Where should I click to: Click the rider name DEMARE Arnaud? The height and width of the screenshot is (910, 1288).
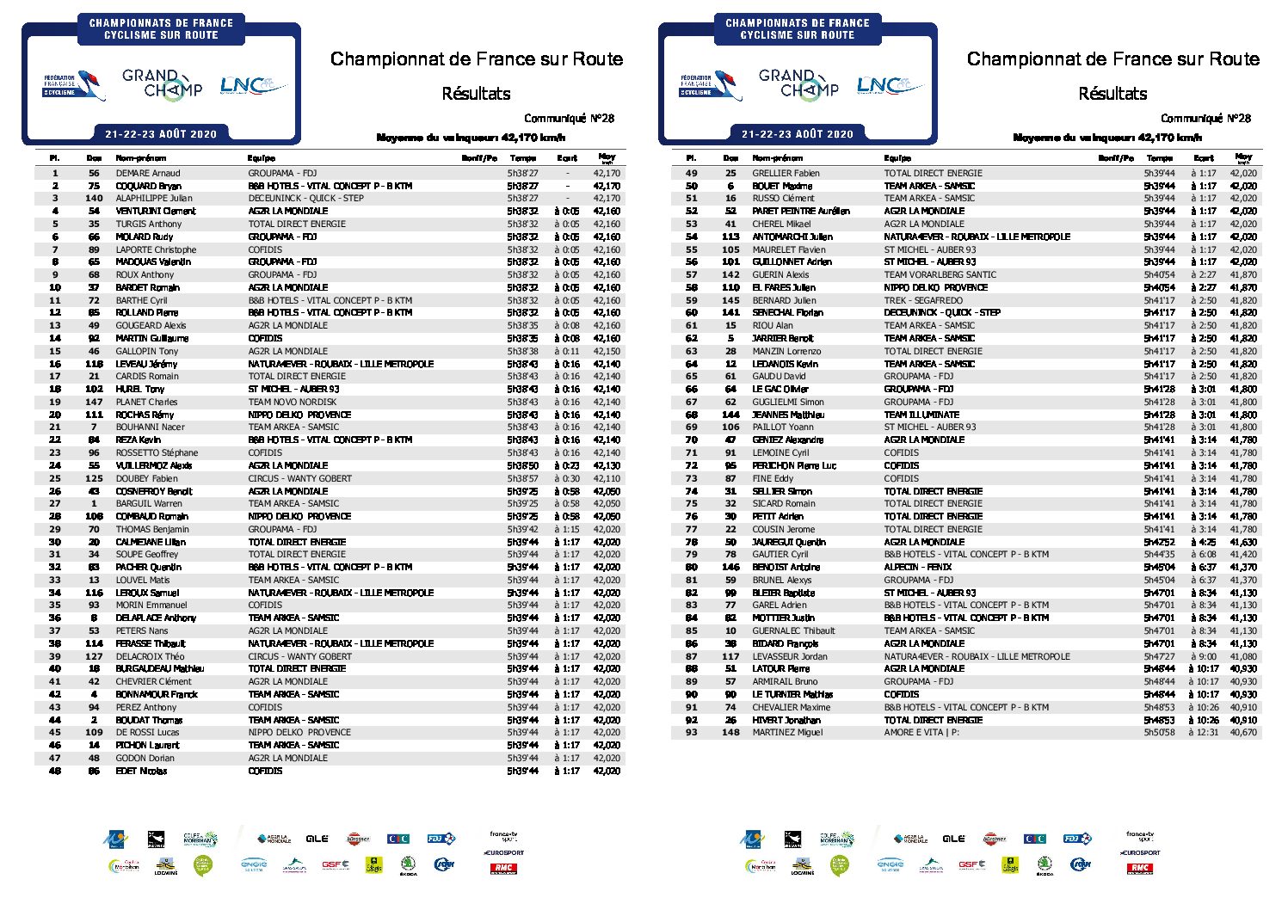coord(148,173)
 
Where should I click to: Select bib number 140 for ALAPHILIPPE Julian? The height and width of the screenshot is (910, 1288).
coord(94,198)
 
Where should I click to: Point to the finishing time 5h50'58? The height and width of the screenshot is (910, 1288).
coord(1159,733)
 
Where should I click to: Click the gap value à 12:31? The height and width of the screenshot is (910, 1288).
coord(1203,733)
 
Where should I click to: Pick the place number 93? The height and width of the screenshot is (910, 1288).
coord(691,733)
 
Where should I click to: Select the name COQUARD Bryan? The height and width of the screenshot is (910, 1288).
coord(148,186)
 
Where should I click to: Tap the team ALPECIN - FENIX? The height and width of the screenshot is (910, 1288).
coord(918,567)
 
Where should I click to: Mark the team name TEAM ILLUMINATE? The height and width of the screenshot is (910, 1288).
coord(921,415)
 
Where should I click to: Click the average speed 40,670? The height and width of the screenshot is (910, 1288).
coord(1243,733)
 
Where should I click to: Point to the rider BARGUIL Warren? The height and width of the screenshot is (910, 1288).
coord(149,503)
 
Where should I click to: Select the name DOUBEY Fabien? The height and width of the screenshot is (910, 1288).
coord(146,478)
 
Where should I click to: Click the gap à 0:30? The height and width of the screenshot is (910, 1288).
coord(567,478)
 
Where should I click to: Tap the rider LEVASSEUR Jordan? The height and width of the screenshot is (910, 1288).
coord(790,656)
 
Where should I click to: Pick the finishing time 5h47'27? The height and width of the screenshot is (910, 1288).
coord(1159,656)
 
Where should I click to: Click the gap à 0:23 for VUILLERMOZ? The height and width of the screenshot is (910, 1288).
coord(567,465)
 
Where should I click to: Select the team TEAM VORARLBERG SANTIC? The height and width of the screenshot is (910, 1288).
coord(940,274)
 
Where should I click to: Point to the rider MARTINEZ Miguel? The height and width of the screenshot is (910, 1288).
coord(787,733)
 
